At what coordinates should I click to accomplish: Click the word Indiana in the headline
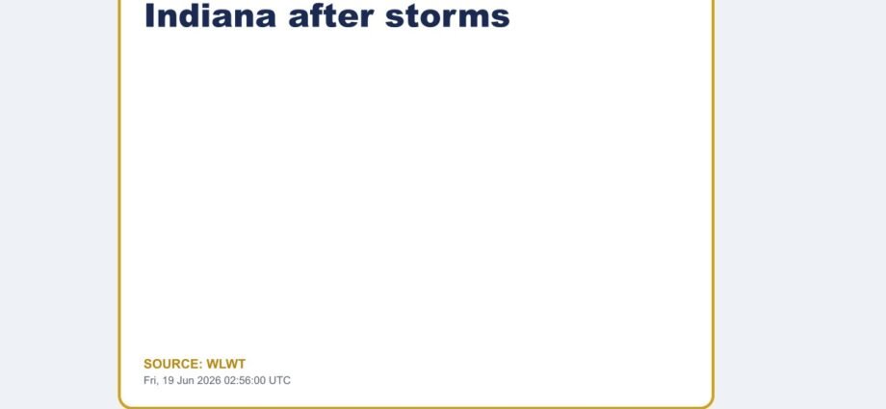[210, 15]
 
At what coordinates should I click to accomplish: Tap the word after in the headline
[330, 15]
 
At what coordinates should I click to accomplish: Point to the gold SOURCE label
[173, 364]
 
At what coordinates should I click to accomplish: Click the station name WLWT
[226, 364]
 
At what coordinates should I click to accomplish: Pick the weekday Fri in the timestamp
[151, 380]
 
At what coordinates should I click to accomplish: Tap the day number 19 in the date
[169, 380]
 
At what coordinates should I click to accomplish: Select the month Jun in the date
[185, 380]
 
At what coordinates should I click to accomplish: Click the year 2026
[209, 380]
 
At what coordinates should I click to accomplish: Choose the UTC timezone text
[279, 380]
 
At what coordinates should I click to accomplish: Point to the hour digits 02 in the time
[230, 380]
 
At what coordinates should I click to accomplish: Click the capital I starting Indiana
[149, 15]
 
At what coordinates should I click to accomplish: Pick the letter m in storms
[470, 18]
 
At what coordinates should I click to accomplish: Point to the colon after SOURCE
[200, 366]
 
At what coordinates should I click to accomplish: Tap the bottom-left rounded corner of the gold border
[123, 402]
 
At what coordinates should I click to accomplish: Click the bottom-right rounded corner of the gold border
[710, 402]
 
